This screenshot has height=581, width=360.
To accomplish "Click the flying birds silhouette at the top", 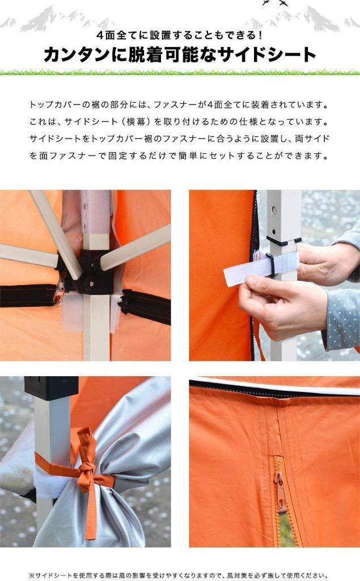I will (274, 3).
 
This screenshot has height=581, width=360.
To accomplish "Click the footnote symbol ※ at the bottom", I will (32, 575).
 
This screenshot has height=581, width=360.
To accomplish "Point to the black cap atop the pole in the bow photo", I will (51, 388).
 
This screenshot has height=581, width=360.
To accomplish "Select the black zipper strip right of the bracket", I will (145, 307).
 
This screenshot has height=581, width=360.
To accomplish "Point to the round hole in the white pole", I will (274, 211).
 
